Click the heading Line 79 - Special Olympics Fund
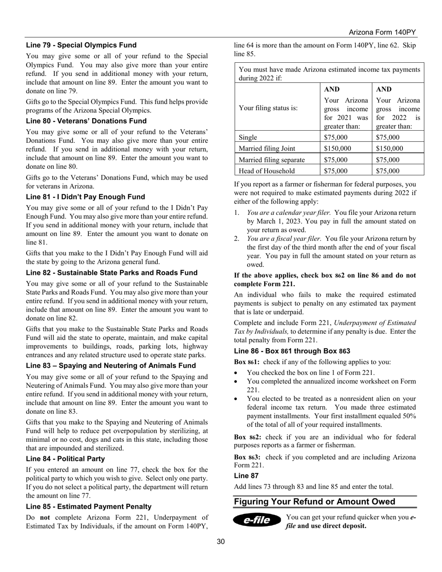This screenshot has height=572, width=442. [81, 45]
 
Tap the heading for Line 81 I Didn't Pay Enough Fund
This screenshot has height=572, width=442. [85, 197]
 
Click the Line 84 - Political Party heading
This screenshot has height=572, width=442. [65, 459]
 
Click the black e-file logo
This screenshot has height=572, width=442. [257, 520]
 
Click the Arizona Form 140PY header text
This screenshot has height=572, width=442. [382, 32]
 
